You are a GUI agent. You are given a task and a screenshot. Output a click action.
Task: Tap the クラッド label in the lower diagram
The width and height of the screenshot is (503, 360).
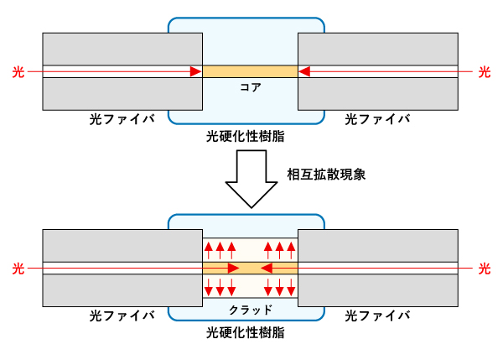(x=250, y=309)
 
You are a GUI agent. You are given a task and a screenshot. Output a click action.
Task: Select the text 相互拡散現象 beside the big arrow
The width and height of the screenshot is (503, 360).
(x=326, y=175)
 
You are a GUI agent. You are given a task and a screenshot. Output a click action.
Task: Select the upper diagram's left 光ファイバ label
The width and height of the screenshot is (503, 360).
(x=122, y=119)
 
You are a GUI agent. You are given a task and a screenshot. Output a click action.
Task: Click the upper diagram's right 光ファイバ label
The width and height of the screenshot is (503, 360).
(x=378, y=119)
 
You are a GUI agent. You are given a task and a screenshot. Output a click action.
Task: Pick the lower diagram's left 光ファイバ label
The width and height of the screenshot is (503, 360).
(x=122, y=316)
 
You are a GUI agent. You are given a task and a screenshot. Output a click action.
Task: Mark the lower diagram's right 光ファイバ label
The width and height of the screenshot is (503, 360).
(x=378, y=316)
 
